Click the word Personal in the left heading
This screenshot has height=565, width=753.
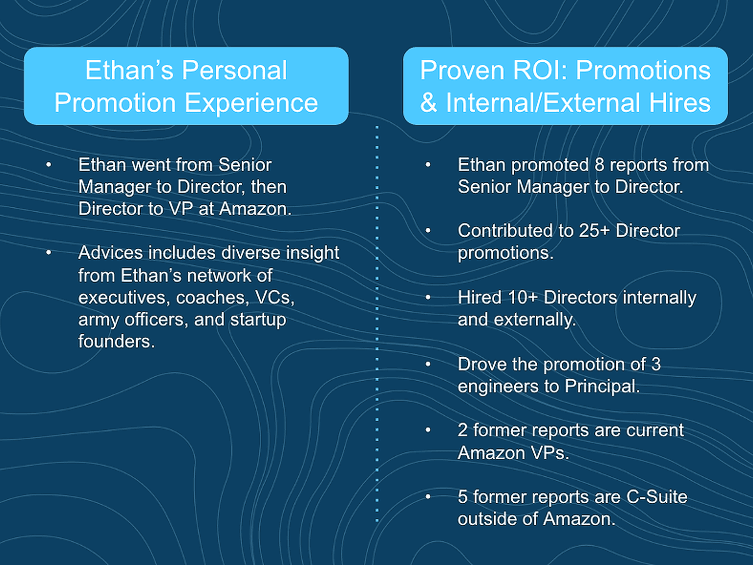pos(234,70)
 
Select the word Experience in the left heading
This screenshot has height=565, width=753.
pos(251,103)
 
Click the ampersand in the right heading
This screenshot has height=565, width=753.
pos(429,103)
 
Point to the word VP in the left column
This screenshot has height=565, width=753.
pos(181,208)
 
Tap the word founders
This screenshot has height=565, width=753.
pos(117,342)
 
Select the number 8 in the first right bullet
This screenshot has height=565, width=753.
pos(600,165)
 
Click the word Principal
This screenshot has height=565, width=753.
pos(602,386)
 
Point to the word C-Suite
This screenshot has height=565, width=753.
pos(657,497)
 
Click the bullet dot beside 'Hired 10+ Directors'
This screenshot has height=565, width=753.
pos(428,297)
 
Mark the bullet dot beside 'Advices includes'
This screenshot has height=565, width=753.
pos(49,253)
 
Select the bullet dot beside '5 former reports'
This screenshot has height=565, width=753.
pos(428,497)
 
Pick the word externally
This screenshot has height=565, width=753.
pos(535,320)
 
